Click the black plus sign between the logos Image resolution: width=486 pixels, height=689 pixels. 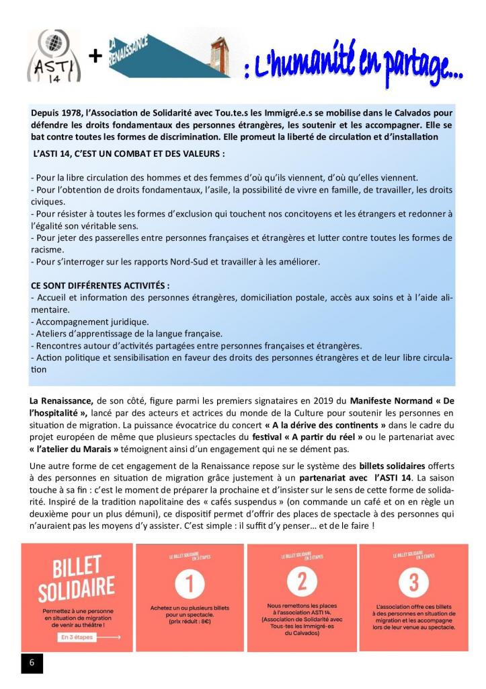coord(95,57)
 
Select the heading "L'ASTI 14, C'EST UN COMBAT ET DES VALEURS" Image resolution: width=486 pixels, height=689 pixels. coord(128,153)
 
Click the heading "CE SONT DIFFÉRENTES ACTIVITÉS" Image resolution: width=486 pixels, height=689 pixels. coord(95,285)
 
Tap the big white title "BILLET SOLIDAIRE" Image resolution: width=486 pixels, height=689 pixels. coord(76,576)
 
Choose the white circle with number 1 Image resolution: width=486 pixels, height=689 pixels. coord(190,583)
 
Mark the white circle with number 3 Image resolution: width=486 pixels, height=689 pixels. coord(413,583)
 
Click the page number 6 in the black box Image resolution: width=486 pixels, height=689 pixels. coord(32,662)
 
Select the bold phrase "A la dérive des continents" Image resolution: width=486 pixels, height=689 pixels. coord(338,425)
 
